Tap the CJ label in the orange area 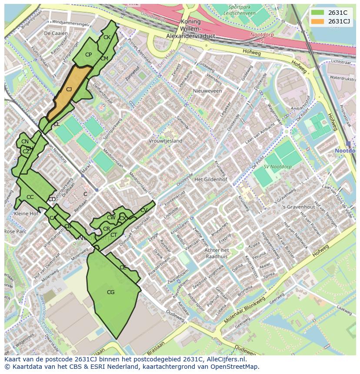pyautogui.click(x=69, y=89)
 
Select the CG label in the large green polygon pyautogui.click(x=110, y=292)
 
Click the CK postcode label pyautogui.click(x=107, y=37)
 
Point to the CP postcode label pyautogui.click(x=88, y=55)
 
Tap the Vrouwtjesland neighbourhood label pyautogui.click(x=165, y=141)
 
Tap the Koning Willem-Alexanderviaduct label pyautogui.click(x=190, y=29)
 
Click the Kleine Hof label pyautogui.click(x=26, y=214)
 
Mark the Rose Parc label pyautogui.click(x=15, y=232)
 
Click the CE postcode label pyautogui.click(x=123, y=268)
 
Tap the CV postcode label pyautogui.click(x=144, y=210)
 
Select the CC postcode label pyautogui.click(x=30, y=197)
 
